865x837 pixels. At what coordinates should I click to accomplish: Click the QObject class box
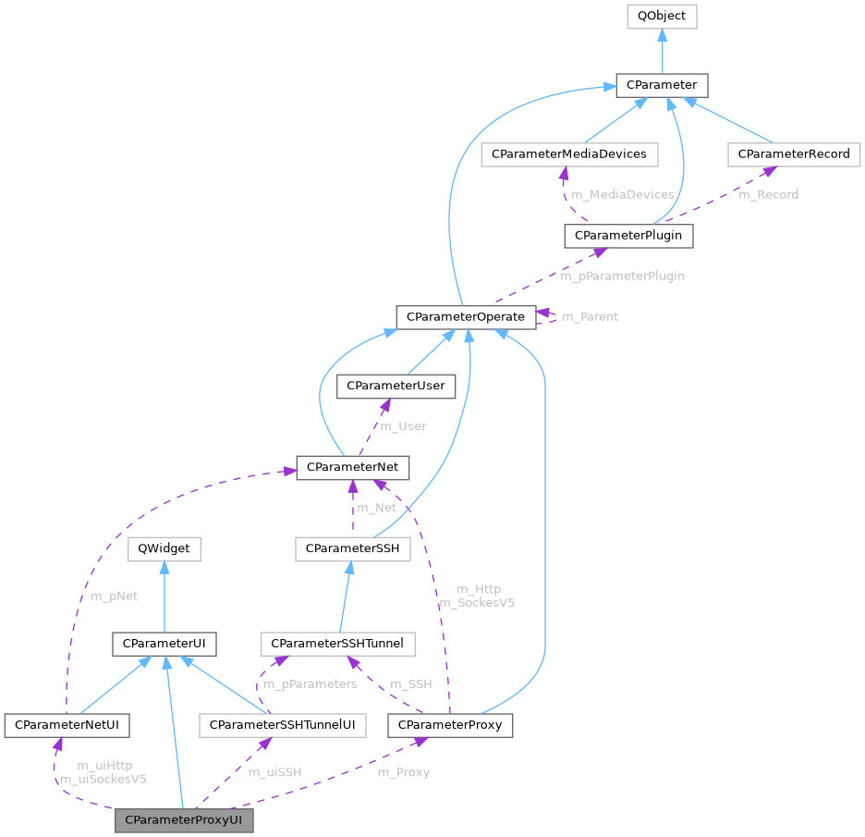(x=661, y=16)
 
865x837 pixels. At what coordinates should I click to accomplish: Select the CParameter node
(x=663, y=86)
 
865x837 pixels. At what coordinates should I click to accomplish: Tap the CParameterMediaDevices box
(x=569, y=154)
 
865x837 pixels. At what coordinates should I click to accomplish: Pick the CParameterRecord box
(x=794, y=154)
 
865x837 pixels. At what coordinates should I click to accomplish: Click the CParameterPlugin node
(x=628, y=236)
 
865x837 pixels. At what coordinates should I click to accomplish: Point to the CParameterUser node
(x=396, y=386)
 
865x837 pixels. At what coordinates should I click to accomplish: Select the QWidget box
(x=164, y=548)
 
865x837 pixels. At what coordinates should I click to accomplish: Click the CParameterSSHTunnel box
(x=338, y=642)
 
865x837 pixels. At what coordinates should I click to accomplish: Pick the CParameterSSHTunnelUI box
(x=282, y=724)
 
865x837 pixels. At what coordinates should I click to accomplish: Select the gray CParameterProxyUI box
(x=183, y=820)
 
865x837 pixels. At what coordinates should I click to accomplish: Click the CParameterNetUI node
(x=67, y=724)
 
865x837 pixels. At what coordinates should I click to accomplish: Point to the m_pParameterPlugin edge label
(x=622, y=276)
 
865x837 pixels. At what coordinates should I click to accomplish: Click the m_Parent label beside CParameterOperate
(x=590, y=316)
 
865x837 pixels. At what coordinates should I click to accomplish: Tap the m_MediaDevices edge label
(x=621, y=194)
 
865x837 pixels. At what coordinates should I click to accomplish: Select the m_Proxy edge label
(x=404, y=771)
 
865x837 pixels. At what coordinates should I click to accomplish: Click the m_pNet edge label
(x=114, y=596)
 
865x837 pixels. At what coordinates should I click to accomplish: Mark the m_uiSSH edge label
(x=275, y=771)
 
